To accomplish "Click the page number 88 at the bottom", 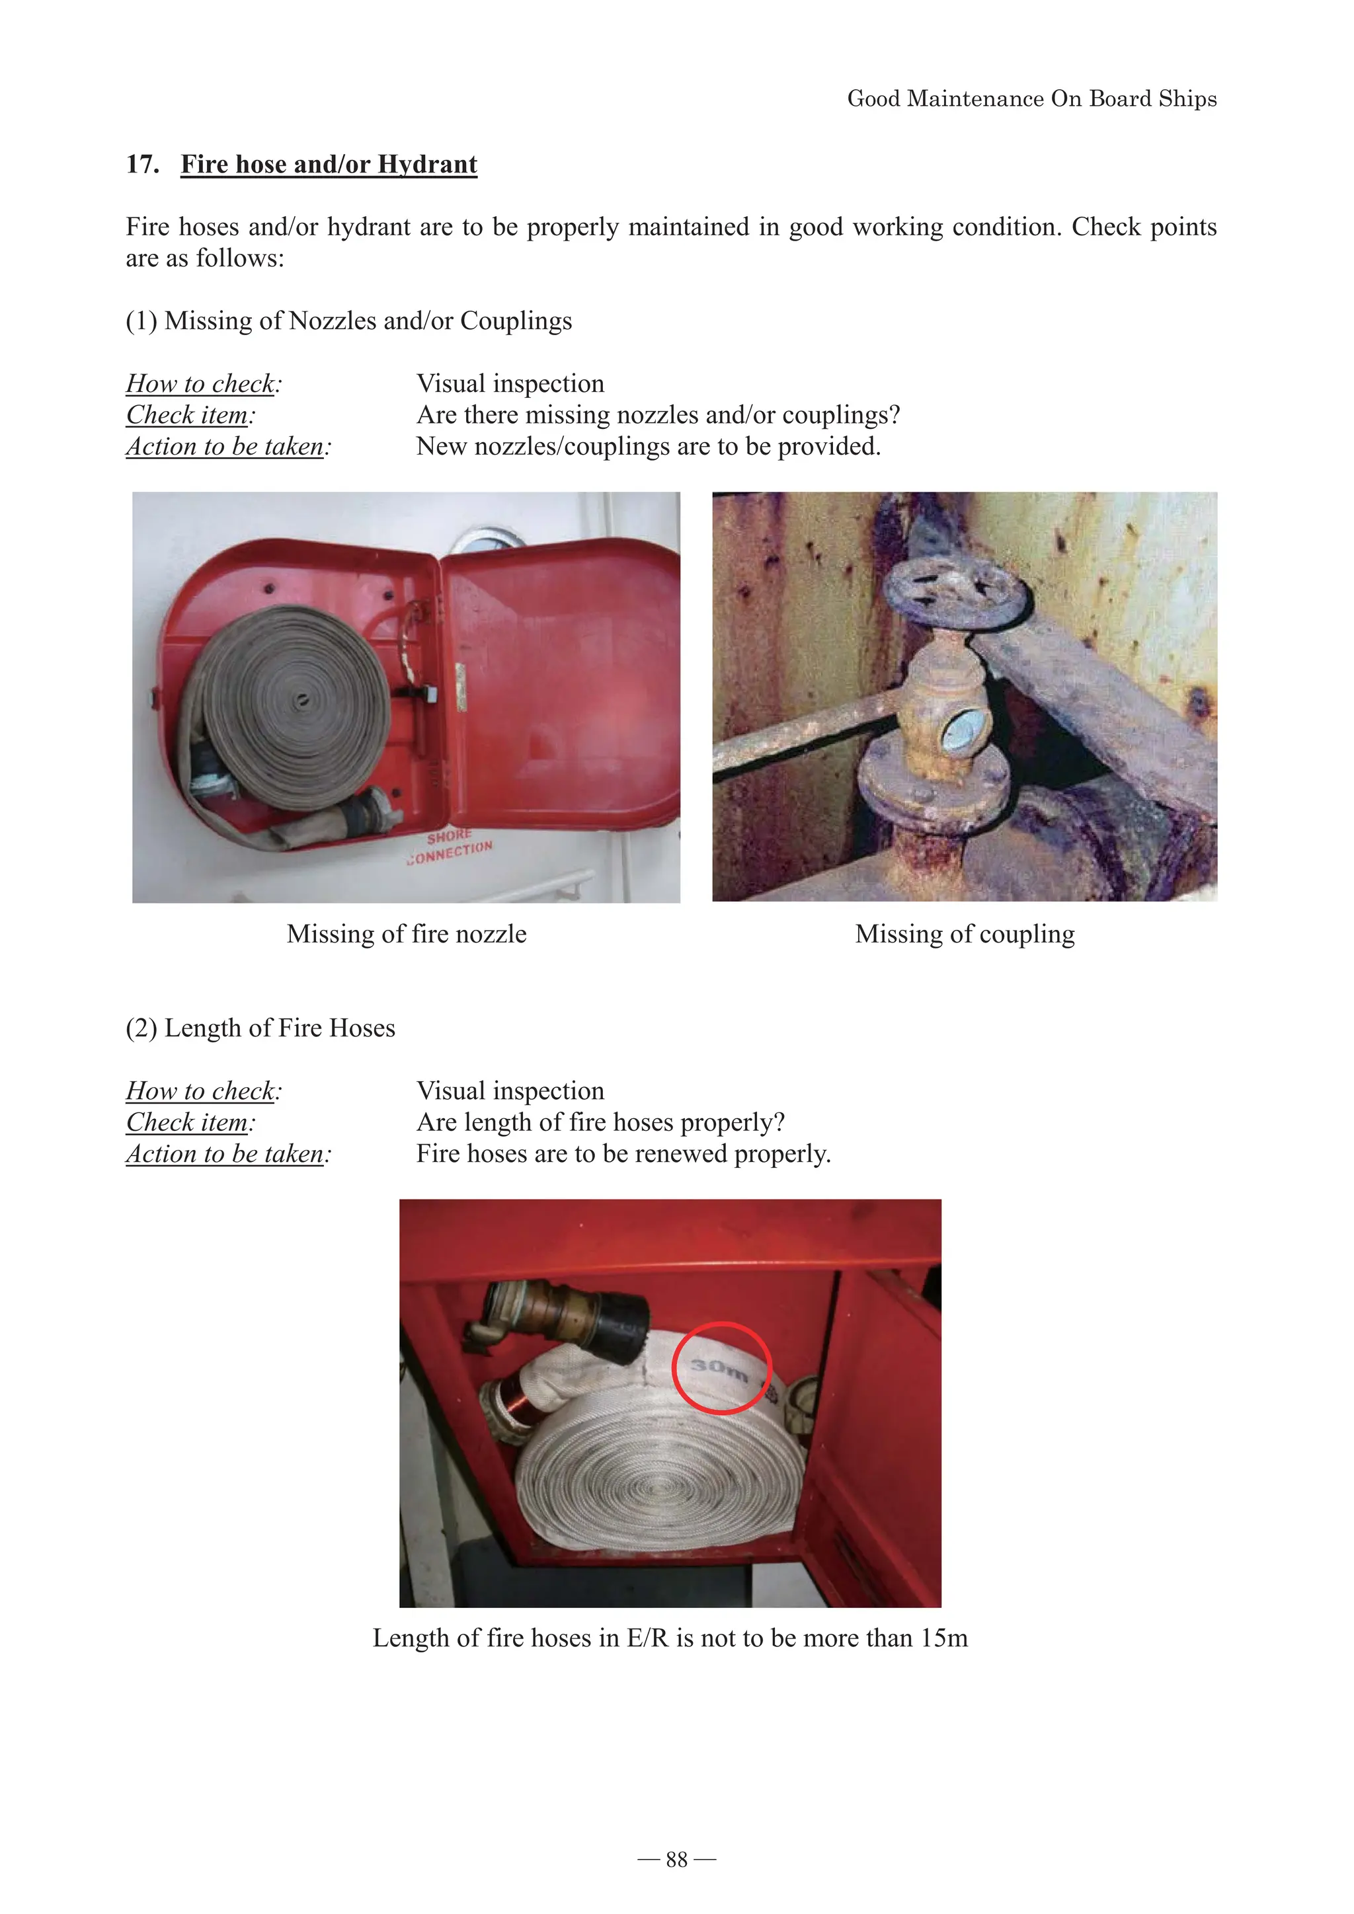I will [x=676, y=1860].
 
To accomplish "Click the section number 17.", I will [x=143, y=164].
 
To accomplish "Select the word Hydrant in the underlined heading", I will [x=427, y=164].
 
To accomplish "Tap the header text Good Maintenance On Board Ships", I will [x=1031, y=98].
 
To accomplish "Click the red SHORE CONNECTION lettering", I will [x=450, y=848].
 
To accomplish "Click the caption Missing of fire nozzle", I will [x=406, y=934].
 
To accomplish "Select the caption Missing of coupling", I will [x=965, y=934].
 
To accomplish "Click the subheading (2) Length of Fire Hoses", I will [x=260, y=1028].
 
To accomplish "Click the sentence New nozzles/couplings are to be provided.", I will [x=648, y=446].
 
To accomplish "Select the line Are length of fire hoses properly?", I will [x=600, y=1122].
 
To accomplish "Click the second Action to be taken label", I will [x=227, y=1154].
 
